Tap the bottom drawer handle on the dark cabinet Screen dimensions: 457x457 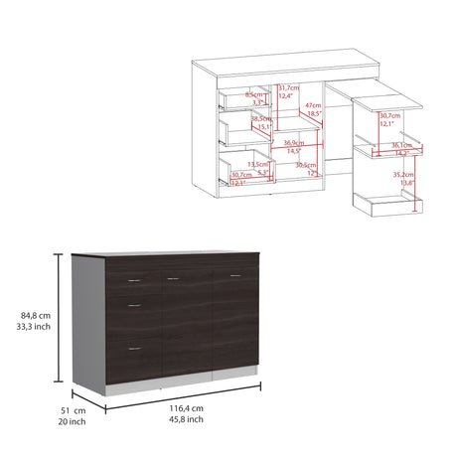tap(132, 347)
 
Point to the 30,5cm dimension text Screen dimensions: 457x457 tap(305, 165)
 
